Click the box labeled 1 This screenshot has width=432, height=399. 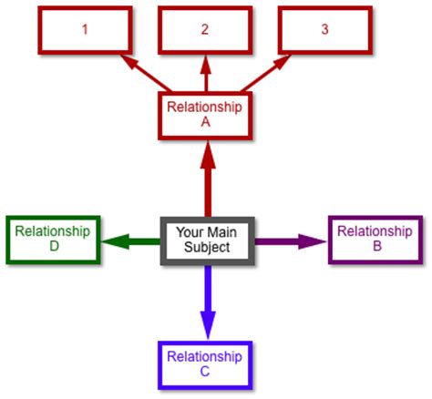pos(85,30)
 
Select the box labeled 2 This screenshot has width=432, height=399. pos(205,30)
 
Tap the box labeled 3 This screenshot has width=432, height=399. pos(325,30)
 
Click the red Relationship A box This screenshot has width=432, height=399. pos(205,116)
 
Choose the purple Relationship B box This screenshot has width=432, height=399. pos(375,240)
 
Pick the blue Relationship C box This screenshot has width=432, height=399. pos(205,365)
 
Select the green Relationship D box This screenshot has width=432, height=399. pos(53,240)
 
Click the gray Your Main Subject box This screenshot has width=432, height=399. pos(208,240)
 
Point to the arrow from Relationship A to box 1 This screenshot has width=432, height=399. pos(145,73)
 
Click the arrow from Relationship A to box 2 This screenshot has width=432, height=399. pos(206,73)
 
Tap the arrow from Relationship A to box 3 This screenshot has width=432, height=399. pos(266,73)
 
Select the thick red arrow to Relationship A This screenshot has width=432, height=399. pos(208,179)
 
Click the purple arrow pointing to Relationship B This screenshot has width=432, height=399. pos(291,241)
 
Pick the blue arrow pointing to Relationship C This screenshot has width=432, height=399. pos(208,302)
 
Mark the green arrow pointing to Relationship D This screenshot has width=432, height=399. pos(131,241)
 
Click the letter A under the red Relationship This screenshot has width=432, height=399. pos(206,122)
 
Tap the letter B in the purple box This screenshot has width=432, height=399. pos(377,246)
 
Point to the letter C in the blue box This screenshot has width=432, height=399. pos(205,372)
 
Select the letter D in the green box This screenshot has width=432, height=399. pos(54,246)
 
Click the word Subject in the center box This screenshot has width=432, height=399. pos(207,248)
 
